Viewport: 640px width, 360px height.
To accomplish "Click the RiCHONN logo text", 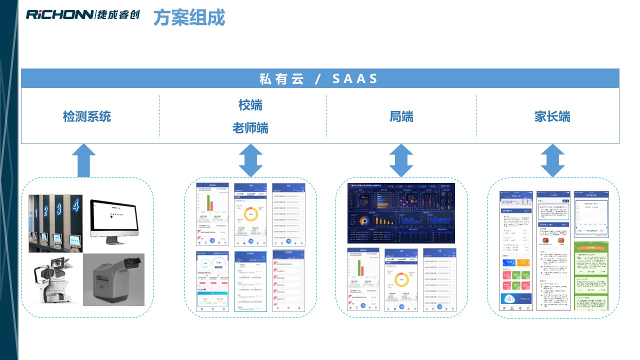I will tap(59, 14).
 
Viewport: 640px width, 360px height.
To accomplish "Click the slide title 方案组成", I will tap(189, 17).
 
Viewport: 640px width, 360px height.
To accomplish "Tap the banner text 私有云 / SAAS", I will tap(319, 78).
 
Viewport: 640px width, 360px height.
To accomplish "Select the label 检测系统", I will tap(87, 117).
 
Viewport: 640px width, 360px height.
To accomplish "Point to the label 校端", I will tap(250, 105).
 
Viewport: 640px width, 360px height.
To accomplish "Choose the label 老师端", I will tap(250, 128).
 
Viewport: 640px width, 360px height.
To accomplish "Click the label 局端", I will tap(401, 117).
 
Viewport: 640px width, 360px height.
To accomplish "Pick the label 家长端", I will tap(552, 117).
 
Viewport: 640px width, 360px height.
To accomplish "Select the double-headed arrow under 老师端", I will tap(250, 160).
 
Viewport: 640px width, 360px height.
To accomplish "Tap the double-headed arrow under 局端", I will tap(401, 160).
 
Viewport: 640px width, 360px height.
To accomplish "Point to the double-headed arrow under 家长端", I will tap(552, 160).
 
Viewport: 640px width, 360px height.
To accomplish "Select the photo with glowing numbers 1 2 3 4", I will tap(55, 223).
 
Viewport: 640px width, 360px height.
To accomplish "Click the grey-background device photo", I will tap(113, 279).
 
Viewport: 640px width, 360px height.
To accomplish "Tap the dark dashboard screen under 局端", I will tap(401, 212).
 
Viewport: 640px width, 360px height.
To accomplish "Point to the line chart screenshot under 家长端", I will tap(591, 214).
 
